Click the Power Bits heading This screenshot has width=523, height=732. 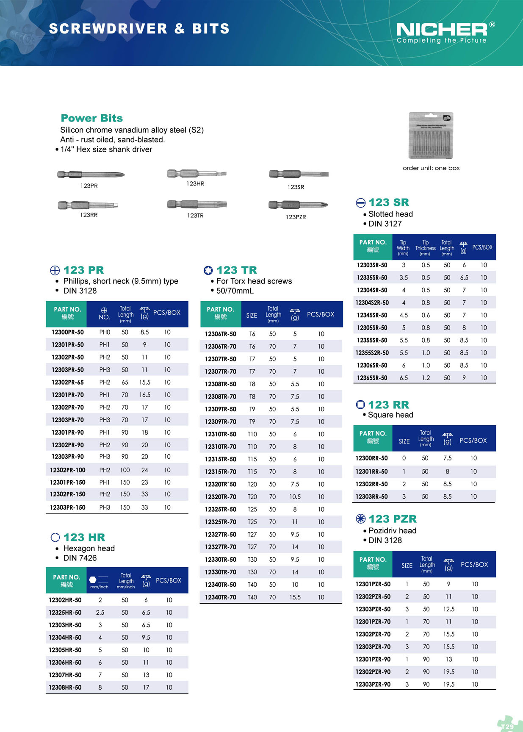pyautogui.click(x=91, y=118)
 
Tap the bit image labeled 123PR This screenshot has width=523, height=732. pyautogui.click(x=90, y=174)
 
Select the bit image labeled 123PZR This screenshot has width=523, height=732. pyautogui.click(x=298, y=205)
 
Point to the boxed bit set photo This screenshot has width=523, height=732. pyautogui.click(x=431, y=136)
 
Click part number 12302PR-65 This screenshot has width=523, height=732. pyautogui.click(x=68, y=382)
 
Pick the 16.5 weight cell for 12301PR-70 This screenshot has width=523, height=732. pyautogui.click(x=145, y=395)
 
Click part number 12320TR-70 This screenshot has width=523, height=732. pyautogui.click(x=221, y=496)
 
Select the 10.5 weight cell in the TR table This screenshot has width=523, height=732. pyautogui.click(x=295, y=496)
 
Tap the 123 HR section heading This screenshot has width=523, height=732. pyautogui.click(x=84, y=538)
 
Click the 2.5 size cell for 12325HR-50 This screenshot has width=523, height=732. pyautogui.click(x=100, y=613)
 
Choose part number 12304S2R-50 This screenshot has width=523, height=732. pyautogui.click(x=373, y=302)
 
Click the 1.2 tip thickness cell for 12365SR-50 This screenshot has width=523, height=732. pyautogui.click(x=426, y=378)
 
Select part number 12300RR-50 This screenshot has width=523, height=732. pyautogui.click(x=371, y=458)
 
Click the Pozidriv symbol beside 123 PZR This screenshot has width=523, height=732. pyautogui.click(x=360, y=519)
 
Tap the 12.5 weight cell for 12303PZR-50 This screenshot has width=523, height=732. pyautogui.click(x=449, y=609)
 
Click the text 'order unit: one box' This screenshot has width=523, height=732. pyautogui.click(x=431, y=168)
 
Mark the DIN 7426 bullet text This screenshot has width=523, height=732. pyautogui.click(x=80, y=558)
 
